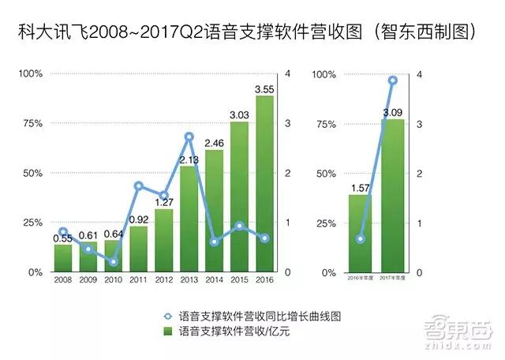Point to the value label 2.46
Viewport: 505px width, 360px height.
tap(214, 143)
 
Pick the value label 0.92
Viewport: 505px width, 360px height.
tap(139, 219)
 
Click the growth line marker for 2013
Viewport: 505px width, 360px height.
tap(189, 137)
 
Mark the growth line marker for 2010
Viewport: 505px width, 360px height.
tap(114, 261)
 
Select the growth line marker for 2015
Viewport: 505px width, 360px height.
tap(239, 227)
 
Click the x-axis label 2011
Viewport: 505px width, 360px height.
tap(139, 279)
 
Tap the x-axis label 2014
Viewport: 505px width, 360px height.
tap(214, 279)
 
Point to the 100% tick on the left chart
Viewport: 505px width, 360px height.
tap(32, 74)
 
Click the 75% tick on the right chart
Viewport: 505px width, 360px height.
tap(324, 124)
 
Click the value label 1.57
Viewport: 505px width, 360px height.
tap(361, 187)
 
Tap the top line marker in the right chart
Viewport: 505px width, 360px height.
tap(392, 81)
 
